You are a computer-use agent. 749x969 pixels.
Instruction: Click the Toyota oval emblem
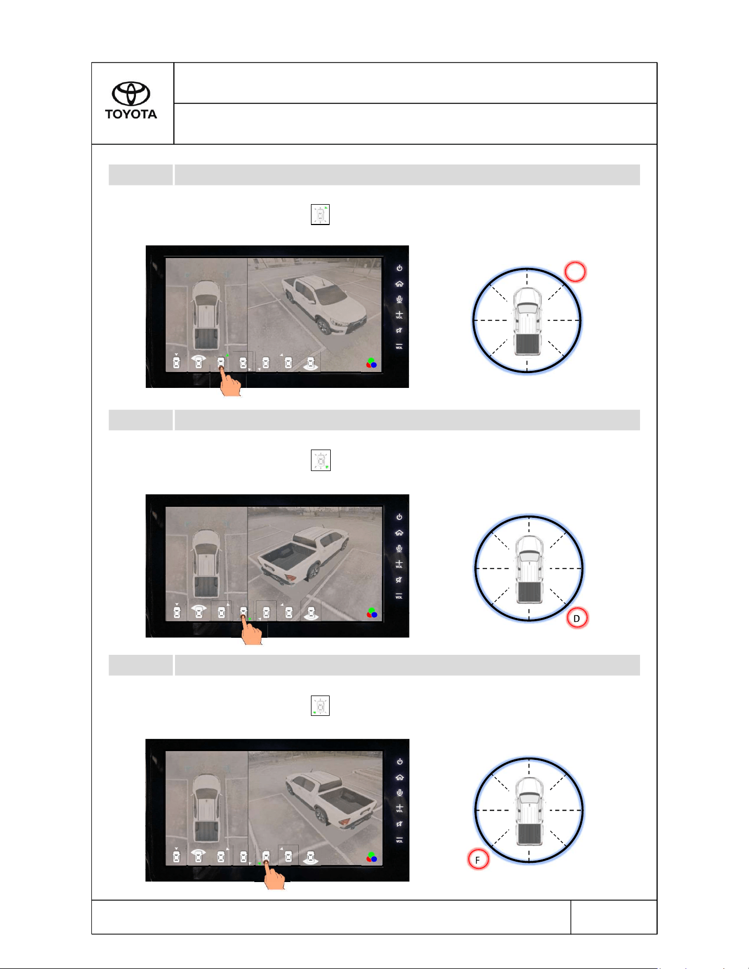click(x=131, y=94)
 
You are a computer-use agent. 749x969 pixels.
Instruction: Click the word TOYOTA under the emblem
click(x=131, y=114)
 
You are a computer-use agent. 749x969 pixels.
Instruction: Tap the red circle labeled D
click(x=577, y=618)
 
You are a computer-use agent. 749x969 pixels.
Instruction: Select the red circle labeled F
click(x=478, y=859)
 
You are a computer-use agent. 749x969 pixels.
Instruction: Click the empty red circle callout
click(x=575, y=271)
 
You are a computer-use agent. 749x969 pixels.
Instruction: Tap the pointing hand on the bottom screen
click(x=274, y=874)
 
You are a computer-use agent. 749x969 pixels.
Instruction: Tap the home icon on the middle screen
click(x=399, y=533)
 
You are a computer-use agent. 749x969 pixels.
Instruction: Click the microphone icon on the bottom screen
click(x=400, y=792)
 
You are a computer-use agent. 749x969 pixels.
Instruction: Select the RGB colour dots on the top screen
click(x=371, y=363)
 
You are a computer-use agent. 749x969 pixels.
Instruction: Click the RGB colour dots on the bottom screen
click(x=372, y=857)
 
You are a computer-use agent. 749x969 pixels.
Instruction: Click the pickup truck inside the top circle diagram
click(x=527, y=322)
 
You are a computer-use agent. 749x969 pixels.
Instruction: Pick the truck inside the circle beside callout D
click(x=529, y=571)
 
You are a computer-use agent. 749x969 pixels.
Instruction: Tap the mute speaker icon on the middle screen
click(x=399, y=579)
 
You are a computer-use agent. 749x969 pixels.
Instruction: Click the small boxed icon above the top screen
click(x=320, y=215)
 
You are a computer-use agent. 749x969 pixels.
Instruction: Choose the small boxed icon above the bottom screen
click(x=320, y=705)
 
